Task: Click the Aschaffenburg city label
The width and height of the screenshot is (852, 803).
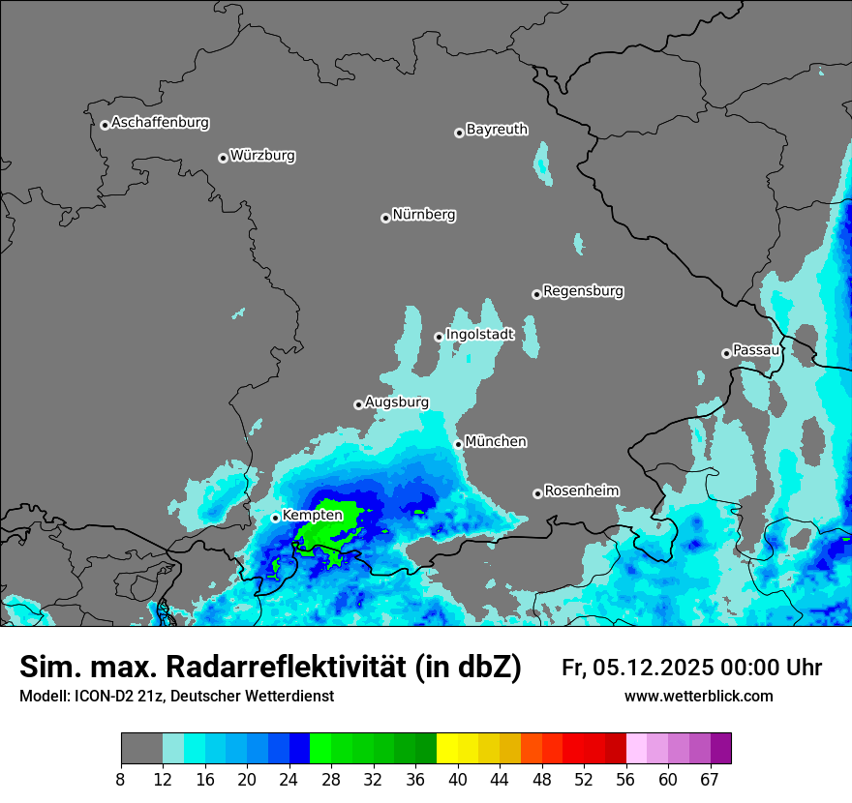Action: [x=160, y=123]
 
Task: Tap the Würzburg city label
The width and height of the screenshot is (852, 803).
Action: [x=262, y=156]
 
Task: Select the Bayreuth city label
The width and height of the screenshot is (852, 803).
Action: [x=497, y=130]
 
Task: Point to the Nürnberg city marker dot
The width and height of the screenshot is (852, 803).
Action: [x=385, y=218]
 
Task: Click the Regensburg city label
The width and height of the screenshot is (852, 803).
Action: [x=583, y=291]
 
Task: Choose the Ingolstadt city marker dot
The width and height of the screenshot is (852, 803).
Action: [x=439, y=337]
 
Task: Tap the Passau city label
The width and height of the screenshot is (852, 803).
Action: [x=755, y=349]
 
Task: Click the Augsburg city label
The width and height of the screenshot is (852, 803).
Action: [x=396, y=402]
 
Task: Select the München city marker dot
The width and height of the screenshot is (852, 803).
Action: [x=458, y=444]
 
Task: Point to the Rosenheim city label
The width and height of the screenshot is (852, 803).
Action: [x=581, y=491]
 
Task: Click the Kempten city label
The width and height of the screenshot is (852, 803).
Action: [x=312, y=516]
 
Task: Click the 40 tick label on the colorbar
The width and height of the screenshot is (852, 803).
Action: [x=458, y=780]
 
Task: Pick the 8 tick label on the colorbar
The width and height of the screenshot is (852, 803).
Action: [x=121, y=780]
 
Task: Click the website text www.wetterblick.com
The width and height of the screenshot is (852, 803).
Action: [x=698, y=697]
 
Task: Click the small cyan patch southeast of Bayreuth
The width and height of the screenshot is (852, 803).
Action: [x=542, y=163]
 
